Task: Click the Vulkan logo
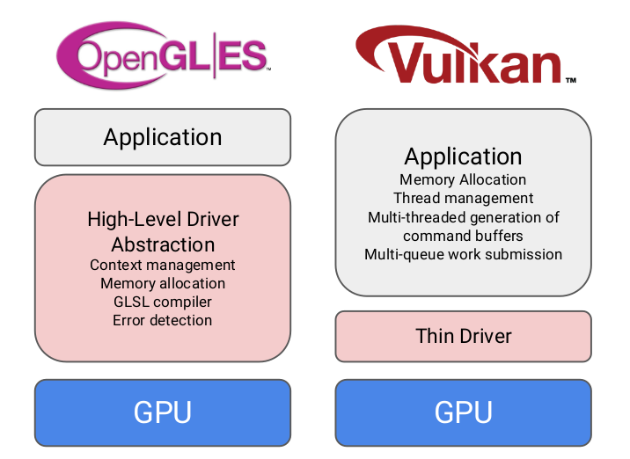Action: [x=463, y=57]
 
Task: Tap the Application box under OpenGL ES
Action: [x=163, y=137]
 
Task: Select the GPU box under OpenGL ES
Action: [x=163, y=412]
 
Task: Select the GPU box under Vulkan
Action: [x=464, y=412]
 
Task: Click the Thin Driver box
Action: [x=464, y=335]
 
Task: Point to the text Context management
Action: [x=163, y=265]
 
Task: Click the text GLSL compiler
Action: [x=163, y=302]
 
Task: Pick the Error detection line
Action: [x=163, y=320]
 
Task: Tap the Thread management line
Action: [x=464, y=198]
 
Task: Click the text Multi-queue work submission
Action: [x=464, y=254]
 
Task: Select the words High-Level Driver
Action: [x=163, y=219]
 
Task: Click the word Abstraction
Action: [x=163, y=244]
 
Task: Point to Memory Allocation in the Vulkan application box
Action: [x=464, y=179]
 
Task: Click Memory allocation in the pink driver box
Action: [x=163, y=283]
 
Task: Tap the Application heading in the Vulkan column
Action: [x=464, y=157]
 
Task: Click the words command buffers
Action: [x=464, y=236]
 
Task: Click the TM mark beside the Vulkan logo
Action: [x=570, y=80]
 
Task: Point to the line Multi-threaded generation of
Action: [x=464, y=217]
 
